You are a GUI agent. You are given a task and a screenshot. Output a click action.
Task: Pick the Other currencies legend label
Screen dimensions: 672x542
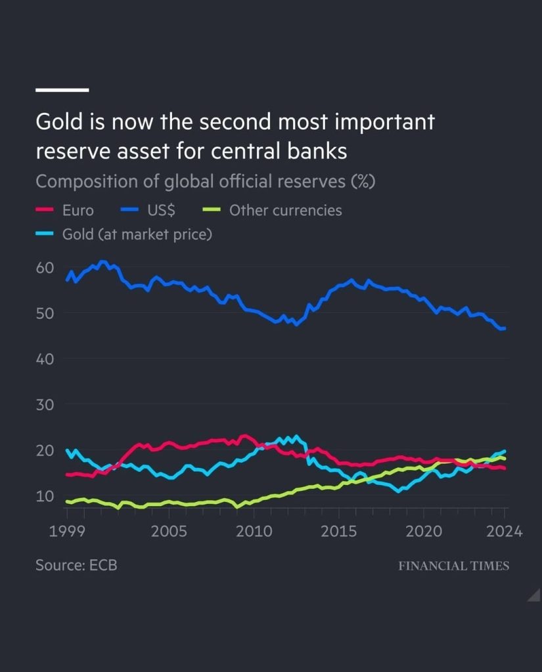(285, 211)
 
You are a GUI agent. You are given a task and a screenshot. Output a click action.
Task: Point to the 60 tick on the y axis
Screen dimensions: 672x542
(45, 268)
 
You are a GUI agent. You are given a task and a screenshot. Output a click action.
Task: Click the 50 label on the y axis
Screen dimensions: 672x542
(45, 313)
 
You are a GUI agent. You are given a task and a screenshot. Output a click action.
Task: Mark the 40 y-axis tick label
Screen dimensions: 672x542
(45, 359)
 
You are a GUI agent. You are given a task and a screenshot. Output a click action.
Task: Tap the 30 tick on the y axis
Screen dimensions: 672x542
(45, 405)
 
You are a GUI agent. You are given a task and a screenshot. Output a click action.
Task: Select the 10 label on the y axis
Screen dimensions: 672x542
(45, 495)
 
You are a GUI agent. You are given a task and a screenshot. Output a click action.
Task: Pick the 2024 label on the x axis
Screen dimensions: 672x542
(505, 531)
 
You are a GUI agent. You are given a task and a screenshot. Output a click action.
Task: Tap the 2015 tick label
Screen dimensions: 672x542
(339, 531)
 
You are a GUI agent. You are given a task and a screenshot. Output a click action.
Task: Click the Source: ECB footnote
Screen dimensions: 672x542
(76, 565)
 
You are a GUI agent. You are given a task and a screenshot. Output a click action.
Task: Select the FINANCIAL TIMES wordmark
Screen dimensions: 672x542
(453, 566)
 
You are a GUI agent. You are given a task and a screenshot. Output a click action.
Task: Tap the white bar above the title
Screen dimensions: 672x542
(62, 89)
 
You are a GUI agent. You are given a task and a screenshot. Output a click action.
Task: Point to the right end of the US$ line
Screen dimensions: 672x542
(504, 328)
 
